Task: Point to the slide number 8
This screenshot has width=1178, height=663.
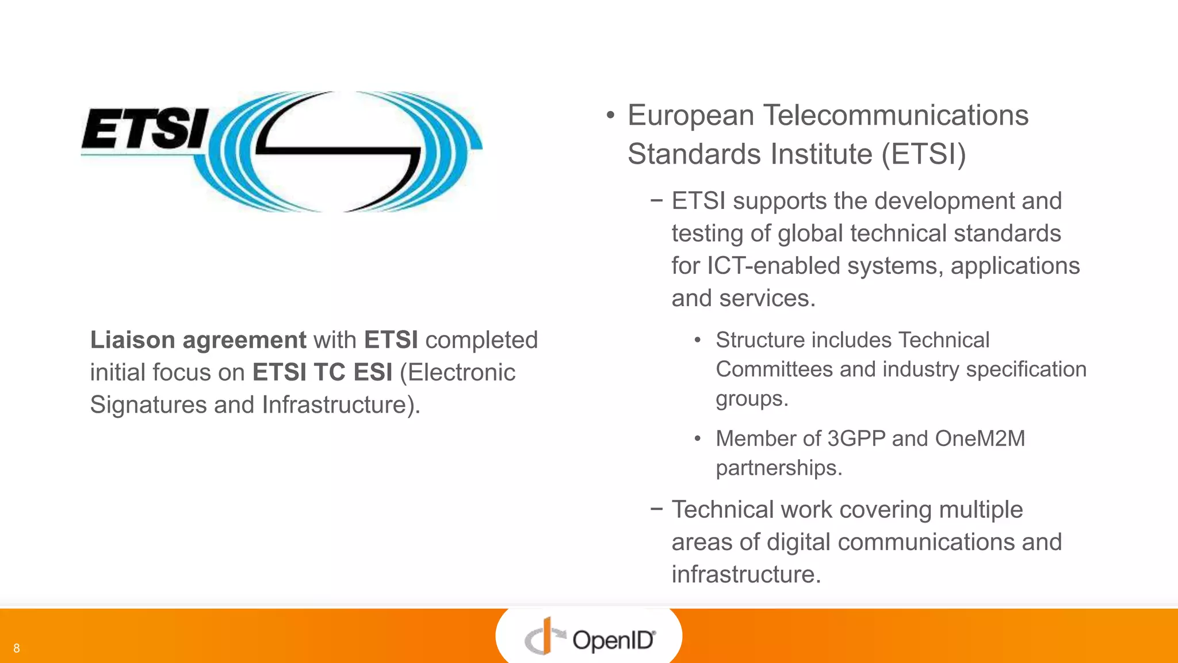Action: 17,649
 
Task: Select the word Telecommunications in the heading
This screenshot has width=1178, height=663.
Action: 896,115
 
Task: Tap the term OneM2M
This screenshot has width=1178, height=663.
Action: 980,439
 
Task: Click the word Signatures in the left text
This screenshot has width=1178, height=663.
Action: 148,405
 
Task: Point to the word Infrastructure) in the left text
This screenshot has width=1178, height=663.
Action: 341,405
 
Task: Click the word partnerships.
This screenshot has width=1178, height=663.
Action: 779,468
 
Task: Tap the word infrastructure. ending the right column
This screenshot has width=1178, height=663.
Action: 746,574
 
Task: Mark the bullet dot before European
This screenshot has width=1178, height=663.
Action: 610,116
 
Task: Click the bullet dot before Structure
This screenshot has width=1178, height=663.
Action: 697,341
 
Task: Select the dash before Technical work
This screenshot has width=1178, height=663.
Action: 656,509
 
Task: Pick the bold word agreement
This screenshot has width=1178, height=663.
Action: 244,340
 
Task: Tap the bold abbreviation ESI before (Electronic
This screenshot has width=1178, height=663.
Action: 373,372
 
